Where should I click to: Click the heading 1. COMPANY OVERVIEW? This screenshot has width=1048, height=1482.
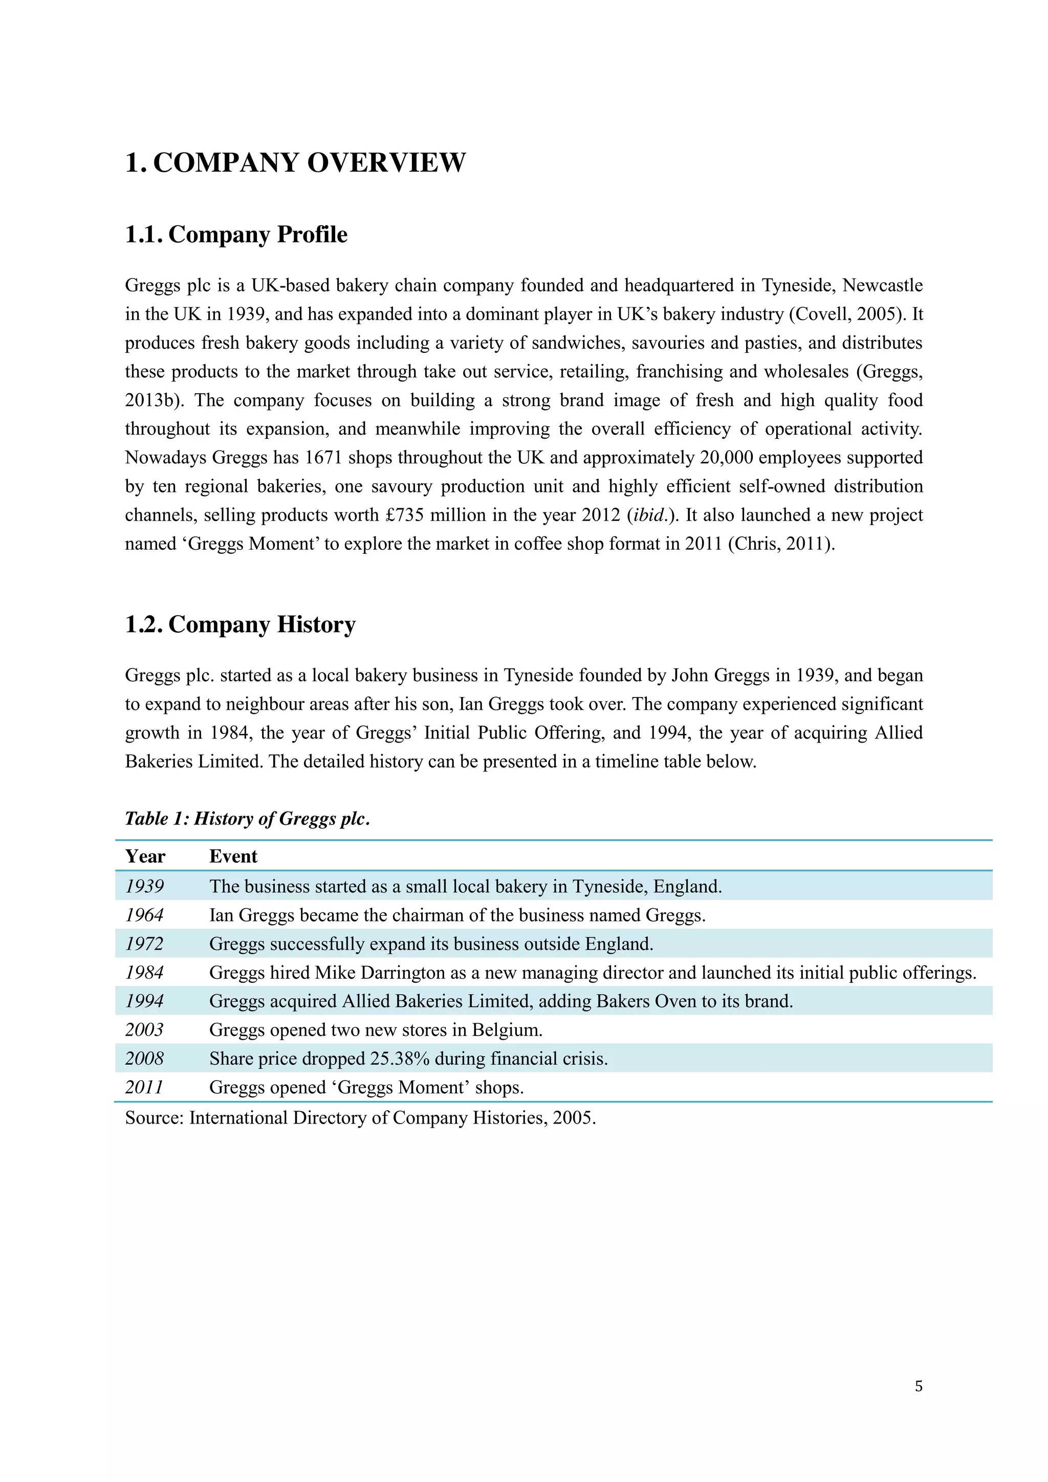click(295, 163)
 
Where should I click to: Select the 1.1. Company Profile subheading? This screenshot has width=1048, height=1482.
click(236, 234)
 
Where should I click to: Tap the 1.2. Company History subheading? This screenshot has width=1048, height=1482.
click(240, 624)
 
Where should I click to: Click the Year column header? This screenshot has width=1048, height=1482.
click(145, 856)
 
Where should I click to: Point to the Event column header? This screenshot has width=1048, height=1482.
click(233, 856)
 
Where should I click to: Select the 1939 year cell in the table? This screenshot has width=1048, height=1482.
click(145, 886)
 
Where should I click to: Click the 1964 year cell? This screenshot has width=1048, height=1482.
click(145, 915)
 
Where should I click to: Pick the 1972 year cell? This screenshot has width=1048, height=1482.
click(145, 944)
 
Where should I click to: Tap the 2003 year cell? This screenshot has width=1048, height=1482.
click(145, 1029)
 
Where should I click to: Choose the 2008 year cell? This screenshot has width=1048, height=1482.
click(145, 1059)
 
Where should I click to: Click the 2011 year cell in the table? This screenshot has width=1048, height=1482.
click(145, 1087)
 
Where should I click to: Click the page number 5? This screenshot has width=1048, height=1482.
click(918, 1386)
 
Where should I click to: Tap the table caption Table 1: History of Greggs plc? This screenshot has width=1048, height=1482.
click(247, 818)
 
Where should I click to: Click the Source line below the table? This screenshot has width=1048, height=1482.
click(360, 1117)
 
